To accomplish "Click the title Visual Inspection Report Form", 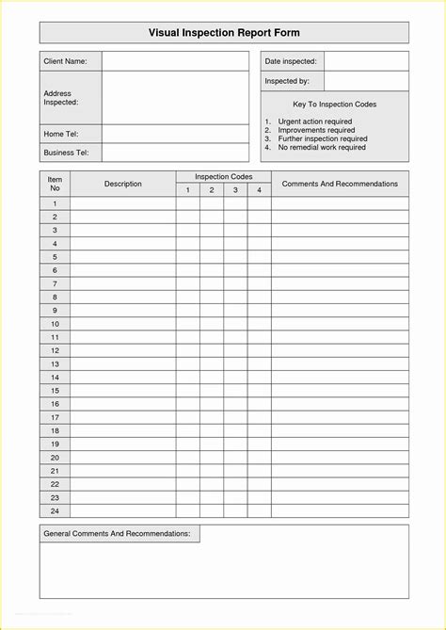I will tap(224, 32).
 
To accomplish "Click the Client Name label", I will tap(65, 61).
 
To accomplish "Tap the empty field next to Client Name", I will tap(175, 61).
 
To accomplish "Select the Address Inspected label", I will tap(60, 97).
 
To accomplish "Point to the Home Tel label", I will tap(60, 134).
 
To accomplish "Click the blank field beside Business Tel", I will tap(175, 153).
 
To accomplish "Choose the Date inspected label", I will tap(291, 61).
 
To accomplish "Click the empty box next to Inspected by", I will tap(366, 81).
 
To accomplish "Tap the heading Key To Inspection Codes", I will tap(335, 105).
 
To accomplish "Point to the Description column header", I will tap(122, 184).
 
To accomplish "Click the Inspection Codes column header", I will tap(223, 177).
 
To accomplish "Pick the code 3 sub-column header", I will tap(235, 190).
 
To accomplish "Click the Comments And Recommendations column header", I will tap(340, 184).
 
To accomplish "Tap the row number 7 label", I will tap(55, 283).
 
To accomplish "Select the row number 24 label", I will tap(55, 510).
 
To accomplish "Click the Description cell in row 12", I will tap(122, 350).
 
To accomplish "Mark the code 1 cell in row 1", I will tap(187, 203).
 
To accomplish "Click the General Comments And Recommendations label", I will tap(118, 534).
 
